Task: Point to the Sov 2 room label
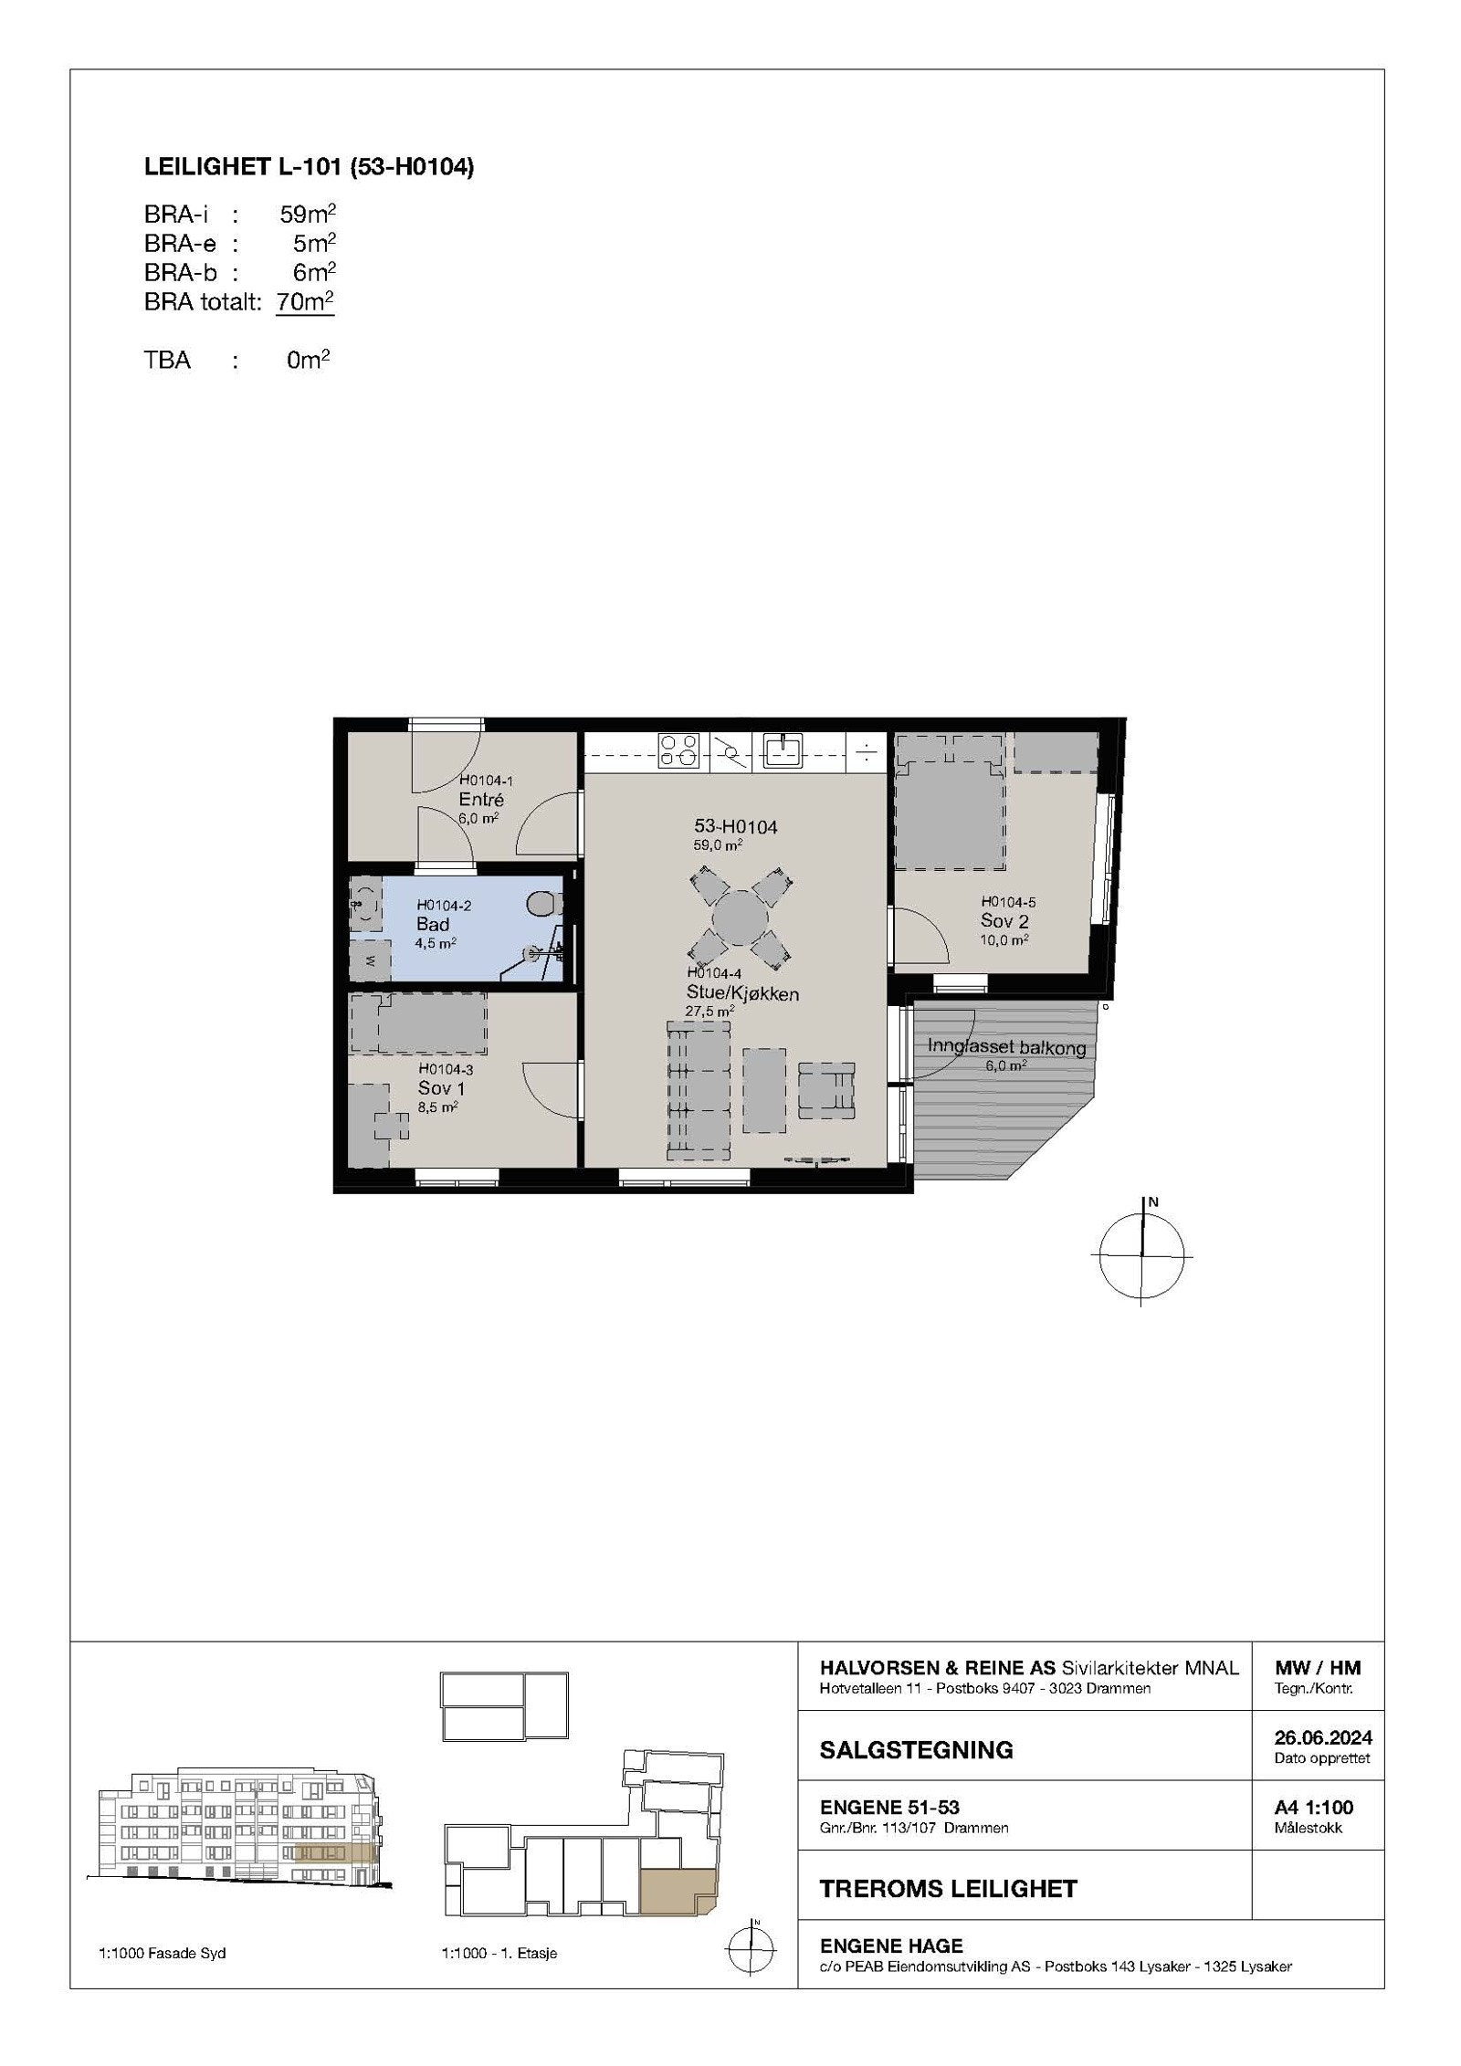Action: pyautogui.click(x=1004, y=921)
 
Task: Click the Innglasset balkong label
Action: pyautogui.click(x=1006, y=1047)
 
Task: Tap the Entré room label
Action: pyautogui.click(x=481, y=800)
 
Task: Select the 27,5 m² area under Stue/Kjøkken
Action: pyautogui.click(x=709, y=1011)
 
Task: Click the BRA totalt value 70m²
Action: pyautogui.click(x=305, y=302)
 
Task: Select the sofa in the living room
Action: pyautogui.click(x=699, y=1091)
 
